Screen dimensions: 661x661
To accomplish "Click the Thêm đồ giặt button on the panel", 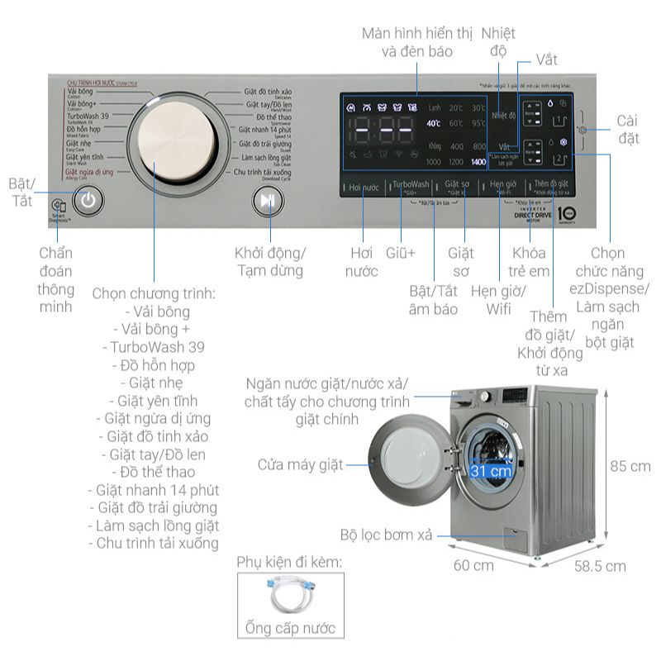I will [551, 185].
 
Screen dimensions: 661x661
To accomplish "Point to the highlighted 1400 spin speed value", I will [478, 162].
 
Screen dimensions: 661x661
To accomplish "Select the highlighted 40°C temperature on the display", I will [432, 123].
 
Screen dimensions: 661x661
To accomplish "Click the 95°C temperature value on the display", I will [478, 123].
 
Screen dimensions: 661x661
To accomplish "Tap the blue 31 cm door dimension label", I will [490, 471].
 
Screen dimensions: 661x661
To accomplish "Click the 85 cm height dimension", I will [630, 466].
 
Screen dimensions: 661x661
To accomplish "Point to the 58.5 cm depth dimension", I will [601, 566].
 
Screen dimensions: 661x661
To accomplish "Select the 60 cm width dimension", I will [473, 566].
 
